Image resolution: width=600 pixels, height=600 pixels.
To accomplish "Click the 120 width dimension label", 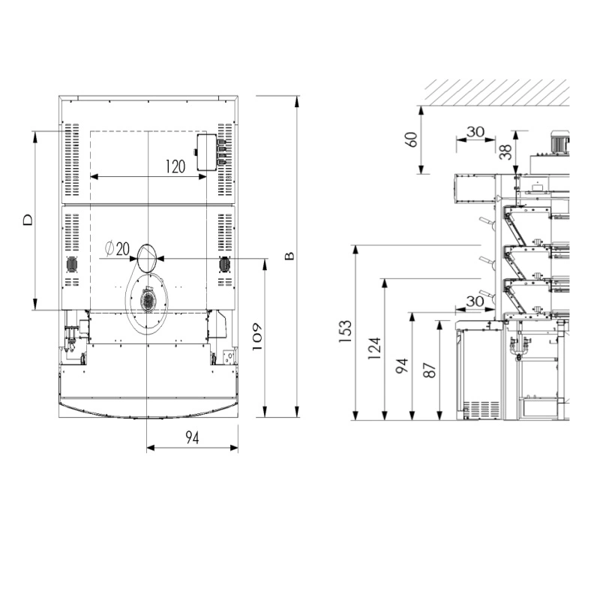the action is [x=175, y=166].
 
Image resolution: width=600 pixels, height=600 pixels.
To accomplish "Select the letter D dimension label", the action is [x=28, y=220].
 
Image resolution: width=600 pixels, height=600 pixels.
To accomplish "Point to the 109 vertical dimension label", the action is [x=256, y=337].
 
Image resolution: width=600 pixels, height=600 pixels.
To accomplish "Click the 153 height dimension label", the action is [x=345, y=331].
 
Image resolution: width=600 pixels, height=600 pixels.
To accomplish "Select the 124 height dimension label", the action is [x=374, y=348].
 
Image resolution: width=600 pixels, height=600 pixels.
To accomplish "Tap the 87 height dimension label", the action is [x=430, y=370].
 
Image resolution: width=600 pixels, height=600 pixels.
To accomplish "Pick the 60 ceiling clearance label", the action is [x=411, y=139].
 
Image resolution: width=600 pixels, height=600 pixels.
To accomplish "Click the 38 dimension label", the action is [x=505, y=151].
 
